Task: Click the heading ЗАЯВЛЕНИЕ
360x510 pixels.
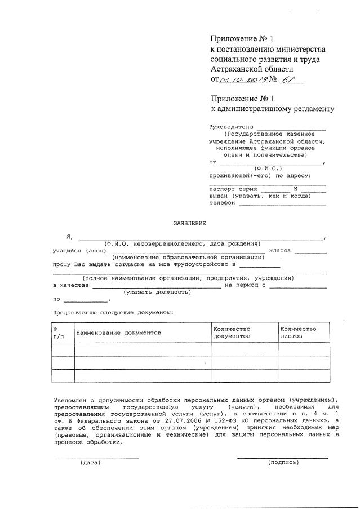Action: coord(189,223)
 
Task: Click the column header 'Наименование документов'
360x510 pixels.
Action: coord(118,332)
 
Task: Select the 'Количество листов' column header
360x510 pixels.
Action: coord(299,332)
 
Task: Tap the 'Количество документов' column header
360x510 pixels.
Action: coord(232,332)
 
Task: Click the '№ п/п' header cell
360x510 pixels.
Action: coord(59,332)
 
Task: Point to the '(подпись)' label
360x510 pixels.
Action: coord(283,462)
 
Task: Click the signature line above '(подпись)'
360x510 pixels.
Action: coord(282,458)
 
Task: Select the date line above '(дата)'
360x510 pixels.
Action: coord(96,458)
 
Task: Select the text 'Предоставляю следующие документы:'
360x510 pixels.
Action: coord(113,312)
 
